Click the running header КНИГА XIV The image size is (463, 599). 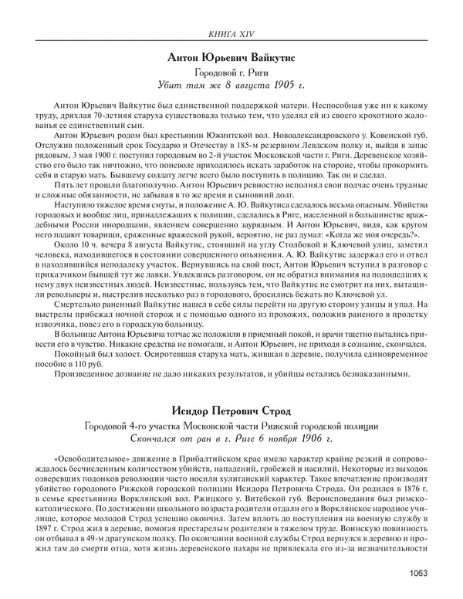tap(231, 32)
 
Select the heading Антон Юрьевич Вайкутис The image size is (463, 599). tap(231, 58)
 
